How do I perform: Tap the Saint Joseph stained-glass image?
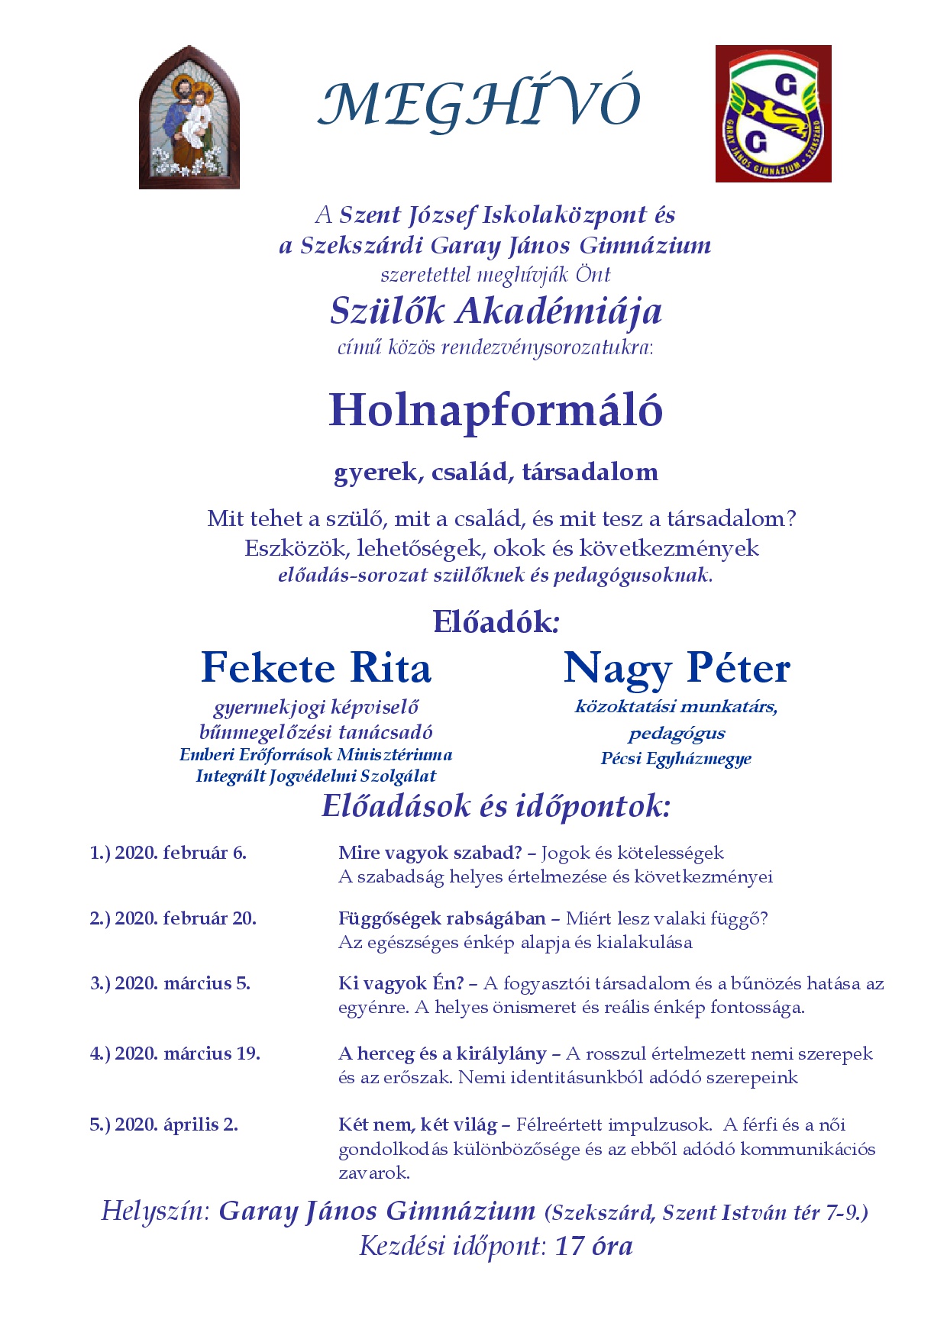pyautogui.click(x=189, y=117)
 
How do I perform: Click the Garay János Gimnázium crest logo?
pyautogui.click(x=773, y=114)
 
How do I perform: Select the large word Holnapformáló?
pyautogui.click(x=495, y=410)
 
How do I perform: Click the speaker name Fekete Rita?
pyautogui.click(x=316, y=668)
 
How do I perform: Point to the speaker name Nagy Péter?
pyautogui.click(x=677, y=668)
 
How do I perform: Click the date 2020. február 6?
pyautogui.click(x=180, y=853)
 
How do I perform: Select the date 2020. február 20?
pyautogui.click(x=186, y=918)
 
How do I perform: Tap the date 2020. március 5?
pyautogui.click(x=183, y=982)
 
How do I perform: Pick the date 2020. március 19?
pyautogui.click(x=187, y=1053)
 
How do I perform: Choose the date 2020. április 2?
pyautogui.click(x=176, y=1124)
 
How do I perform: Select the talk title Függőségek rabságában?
pyautogui.click(x=442, y=918)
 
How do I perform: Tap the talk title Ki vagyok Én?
pyautogui.click(x=401, y=983)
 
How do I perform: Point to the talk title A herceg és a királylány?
pyautogui.click(x=442, y=1053)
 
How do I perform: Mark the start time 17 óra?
pyautogui.click(x=594, y=1247)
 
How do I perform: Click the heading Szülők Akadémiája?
pyautogui.click(x=496, y=311)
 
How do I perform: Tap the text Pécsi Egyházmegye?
pyautogui.click(x=676, y=759)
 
